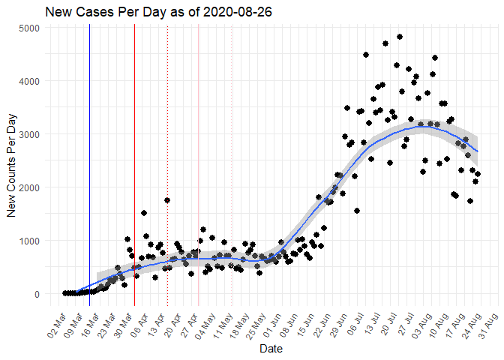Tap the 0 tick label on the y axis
tap(37, 294)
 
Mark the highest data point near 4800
tap(400, 37)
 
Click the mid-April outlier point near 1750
tap(167, 200)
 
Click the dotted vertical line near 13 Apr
tap(167, 112)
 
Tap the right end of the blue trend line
tap(478, 152)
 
